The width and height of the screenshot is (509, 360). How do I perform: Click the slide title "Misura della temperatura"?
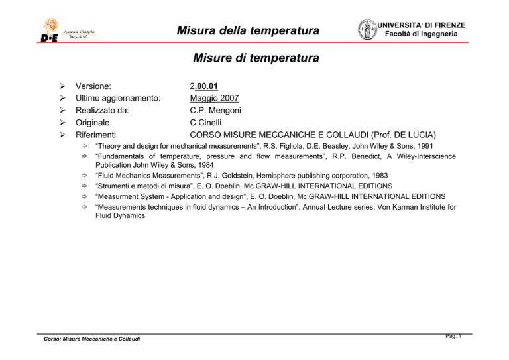(248, 30)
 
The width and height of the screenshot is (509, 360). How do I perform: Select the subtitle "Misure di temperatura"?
(255, 59)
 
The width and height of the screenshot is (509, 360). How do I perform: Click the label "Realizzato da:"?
(104, 110)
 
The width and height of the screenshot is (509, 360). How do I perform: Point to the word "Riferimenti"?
(99, 135)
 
